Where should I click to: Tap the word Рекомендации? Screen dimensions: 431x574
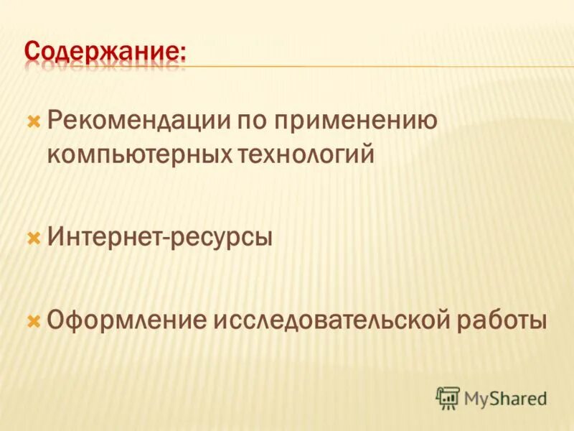pyautogui.click(x=133, y=121)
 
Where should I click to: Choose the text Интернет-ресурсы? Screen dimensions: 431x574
pyautogui.click(x=160, y=236)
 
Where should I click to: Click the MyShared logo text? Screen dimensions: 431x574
pyautogui.click(x=505, y=397)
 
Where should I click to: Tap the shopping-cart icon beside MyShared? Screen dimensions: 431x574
pyautogui.click(x=448, y=397)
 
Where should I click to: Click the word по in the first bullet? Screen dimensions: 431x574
pyautogui.click(x=247, y=121)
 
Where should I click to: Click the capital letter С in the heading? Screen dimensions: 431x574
pyautogui.click(x=32, y=51)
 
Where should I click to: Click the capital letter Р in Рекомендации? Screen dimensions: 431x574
pyautogui.click(x=55, y=121)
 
